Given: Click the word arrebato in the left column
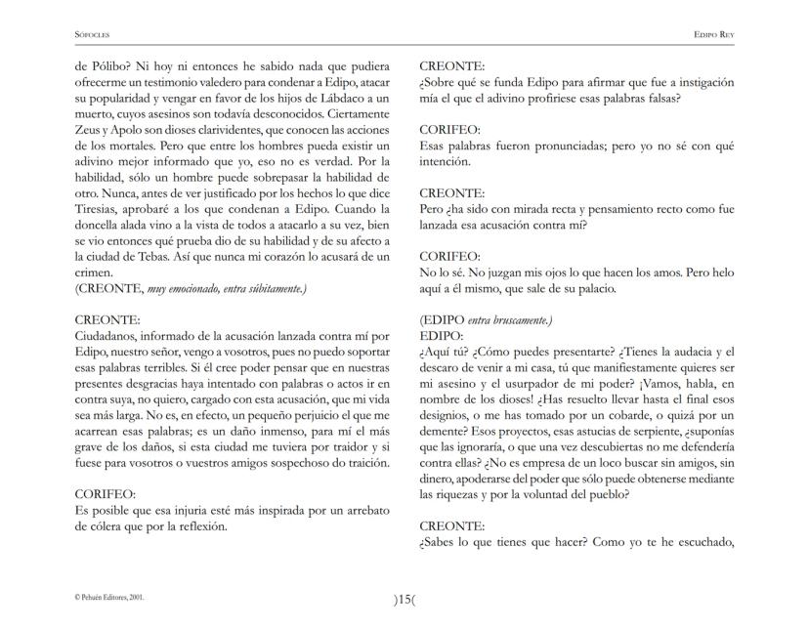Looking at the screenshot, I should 362,510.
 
